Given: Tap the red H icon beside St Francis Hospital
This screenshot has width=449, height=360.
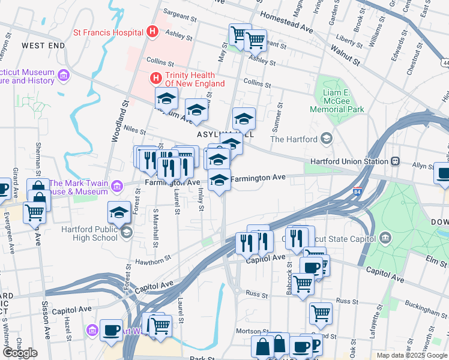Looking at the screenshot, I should click(x=152, y=32).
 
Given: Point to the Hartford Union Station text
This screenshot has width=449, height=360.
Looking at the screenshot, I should click(x=348, y=161).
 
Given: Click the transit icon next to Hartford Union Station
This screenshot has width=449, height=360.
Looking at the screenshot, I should click(x=395, y=161).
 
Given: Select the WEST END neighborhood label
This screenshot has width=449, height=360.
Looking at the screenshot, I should click(x=43, y=46).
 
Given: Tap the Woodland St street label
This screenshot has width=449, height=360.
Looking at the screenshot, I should click(x=117, y=120).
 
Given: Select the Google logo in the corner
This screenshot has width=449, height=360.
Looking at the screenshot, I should click(x=20, y=353).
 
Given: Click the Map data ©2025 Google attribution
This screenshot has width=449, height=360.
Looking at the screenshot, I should click(x=411, y=355).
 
